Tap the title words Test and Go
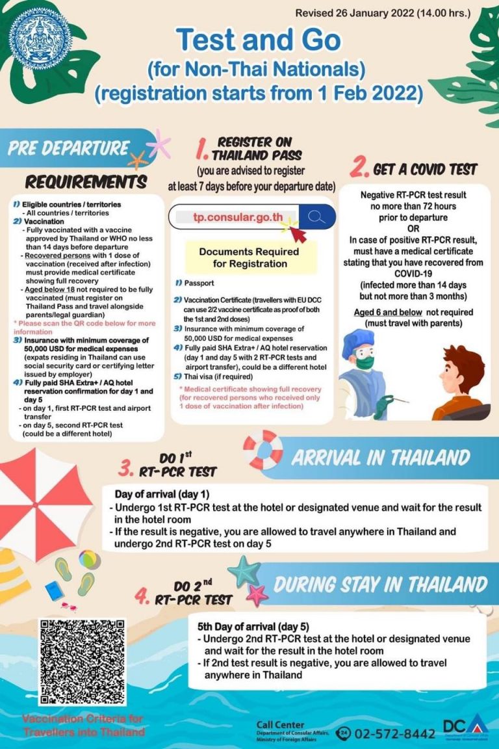[259, 40]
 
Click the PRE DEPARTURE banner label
[69, 148]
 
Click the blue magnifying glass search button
[317, 217]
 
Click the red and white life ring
[263, 449]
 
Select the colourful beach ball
[89, 560]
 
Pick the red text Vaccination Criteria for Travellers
[83, 726]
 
